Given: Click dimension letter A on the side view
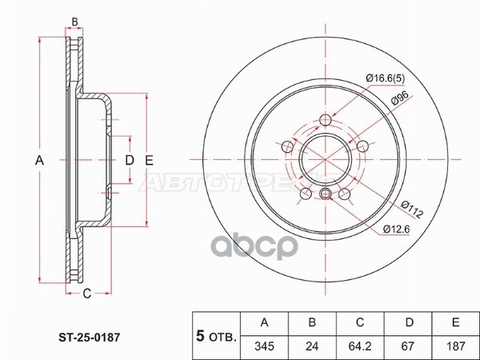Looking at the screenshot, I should [38, 161].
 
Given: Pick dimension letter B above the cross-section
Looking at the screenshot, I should [74, 22].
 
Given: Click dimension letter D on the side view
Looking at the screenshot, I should [129, 161].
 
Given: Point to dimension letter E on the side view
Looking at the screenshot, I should [149, 161].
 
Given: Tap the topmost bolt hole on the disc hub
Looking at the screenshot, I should [324, 121].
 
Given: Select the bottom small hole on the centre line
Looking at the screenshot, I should [325, 195].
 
